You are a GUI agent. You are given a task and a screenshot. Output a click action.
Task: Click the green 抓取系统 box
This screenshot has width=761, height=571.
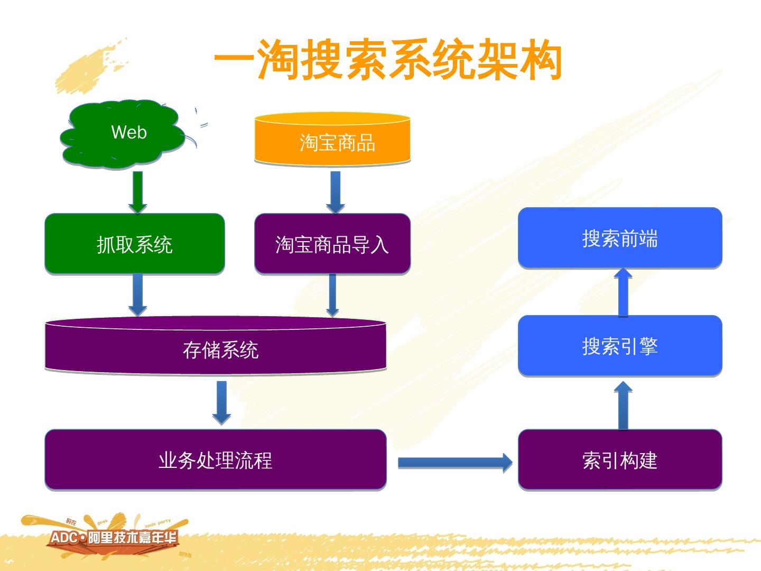pos(135,244)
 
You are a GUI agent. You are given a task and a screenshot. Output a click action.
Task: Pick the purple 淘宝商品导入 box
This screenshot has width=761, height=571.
pos(332,244)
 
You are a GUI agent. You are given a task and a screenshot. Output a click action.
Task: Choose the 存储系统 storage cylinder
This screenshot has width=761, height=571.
pos(216,346)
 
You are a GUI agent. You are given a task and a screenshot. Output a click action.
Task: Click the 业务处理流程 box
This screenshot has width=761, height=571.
pos(216,459)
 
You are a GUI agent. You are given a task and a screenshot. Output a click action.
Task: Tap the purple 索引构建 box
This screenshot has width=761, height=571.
pos(620,459)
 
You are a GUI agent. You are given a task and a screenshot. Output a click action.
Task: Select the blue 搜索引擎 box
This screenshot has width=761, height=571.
pos(620,346)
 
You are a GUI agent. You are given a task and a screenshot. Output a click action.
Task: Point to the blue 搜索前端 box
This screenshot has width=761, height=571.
pos(620,238)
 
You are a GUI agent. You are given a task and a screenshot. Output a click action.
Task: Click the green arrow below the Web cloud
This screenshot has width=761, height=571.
pos(137,192)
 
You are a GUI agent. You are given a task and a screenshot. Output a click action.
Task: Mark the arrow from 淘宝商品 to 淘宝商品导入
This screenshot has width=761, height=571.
pos(335,192)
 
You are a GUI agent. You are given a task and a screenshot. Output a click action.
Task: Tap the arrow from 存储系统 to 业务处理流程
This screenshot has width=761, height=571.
pos(221,402)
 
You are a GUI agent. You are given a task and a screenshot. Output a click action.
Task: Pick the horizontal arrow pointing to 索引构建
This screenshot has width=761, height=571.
pos(454,463)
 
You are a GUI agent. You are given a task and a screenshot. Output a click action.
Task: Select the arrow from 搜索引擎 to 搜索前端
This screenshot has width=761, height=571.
pos(623,292)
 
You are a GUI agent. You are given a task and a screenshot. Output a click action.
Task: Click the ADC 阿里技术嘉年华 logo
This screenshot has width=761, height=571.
pos(114,538)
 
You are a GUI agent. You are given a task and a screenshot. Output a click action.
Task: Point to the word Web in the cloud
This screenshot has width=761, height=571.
pos(129,132)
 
